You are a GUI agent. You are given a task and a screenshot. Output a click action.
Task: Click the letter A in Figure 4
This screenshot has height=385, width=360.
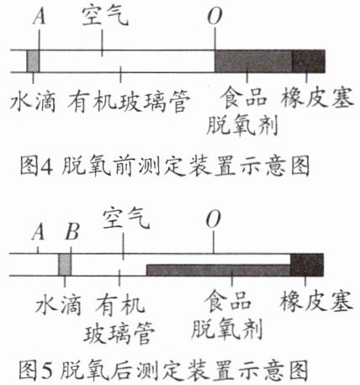tap(39, 17)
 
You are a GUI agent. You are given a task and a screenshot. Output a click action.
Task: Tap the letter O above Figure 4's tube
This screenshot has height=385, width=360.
tap(214, 16)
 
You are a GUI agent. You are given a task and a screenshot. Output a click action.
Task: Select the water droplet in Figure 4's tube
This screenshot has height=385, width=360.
tap(33, 61)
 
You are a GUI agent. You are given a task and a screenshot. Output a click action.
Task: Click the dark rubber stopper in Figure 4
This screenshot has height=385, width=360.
tap(309, 61)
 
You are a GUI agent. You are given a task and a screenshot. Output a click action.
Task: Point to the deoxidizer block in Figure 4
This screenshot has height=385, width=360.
tap(253, 61)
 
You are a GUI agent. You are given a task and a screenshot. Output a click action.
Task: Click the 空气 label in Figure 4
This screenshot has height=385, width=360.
tap(105, 16)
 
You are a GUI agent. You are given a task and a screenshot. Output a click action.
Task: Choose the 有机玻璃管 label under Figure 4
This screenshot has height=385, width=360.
tap(129, 102)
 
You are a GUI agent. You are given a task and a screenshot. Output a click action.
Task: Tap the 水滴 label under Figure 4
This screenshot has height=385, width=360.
tap(33, 102)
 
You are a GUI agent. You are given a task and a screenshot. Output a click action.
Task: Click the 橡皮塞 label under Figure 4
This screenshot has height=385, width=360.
tap(317, 98)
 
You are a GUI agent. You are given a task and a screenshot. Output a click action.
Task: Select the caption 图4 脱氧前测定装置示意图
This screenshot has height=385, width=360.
tap(165, 166)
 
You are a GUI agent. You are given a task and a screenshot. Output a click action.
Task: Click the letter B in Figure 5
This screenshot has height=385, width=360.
tap(71, 232)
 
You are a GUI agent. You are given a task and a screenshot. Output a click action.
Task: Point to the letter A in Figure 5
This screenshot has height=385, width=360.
tap(38, 232)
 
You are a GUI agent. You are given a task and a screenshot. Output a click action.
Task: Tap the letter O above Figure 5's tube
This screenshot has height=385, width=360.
tap(214, 219)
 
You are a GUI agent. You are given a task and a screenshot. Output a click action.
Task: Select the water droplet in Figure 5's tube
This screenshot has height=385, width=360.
tap(65, 265)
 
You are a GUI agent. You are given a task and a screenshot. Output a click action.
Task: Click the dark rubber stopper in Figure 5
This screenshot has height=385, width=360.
tap(307, 265)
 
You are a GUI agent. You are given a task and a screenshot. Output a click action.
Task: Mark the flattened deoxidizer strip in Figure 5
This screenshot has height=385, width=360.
tap(219, 270)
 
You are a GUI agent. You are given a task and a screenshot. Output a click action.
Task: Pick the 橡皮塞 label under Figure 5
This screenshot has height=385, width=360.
tap(316, 301)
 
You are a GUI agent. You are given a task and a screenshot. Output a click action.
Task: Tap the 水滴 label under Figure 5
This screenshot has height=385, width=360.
tap(58, 304)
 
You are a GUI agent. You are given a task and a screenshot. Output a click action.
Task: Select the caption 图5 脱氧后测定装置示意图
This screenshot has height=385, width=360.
tap(164, 370)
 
